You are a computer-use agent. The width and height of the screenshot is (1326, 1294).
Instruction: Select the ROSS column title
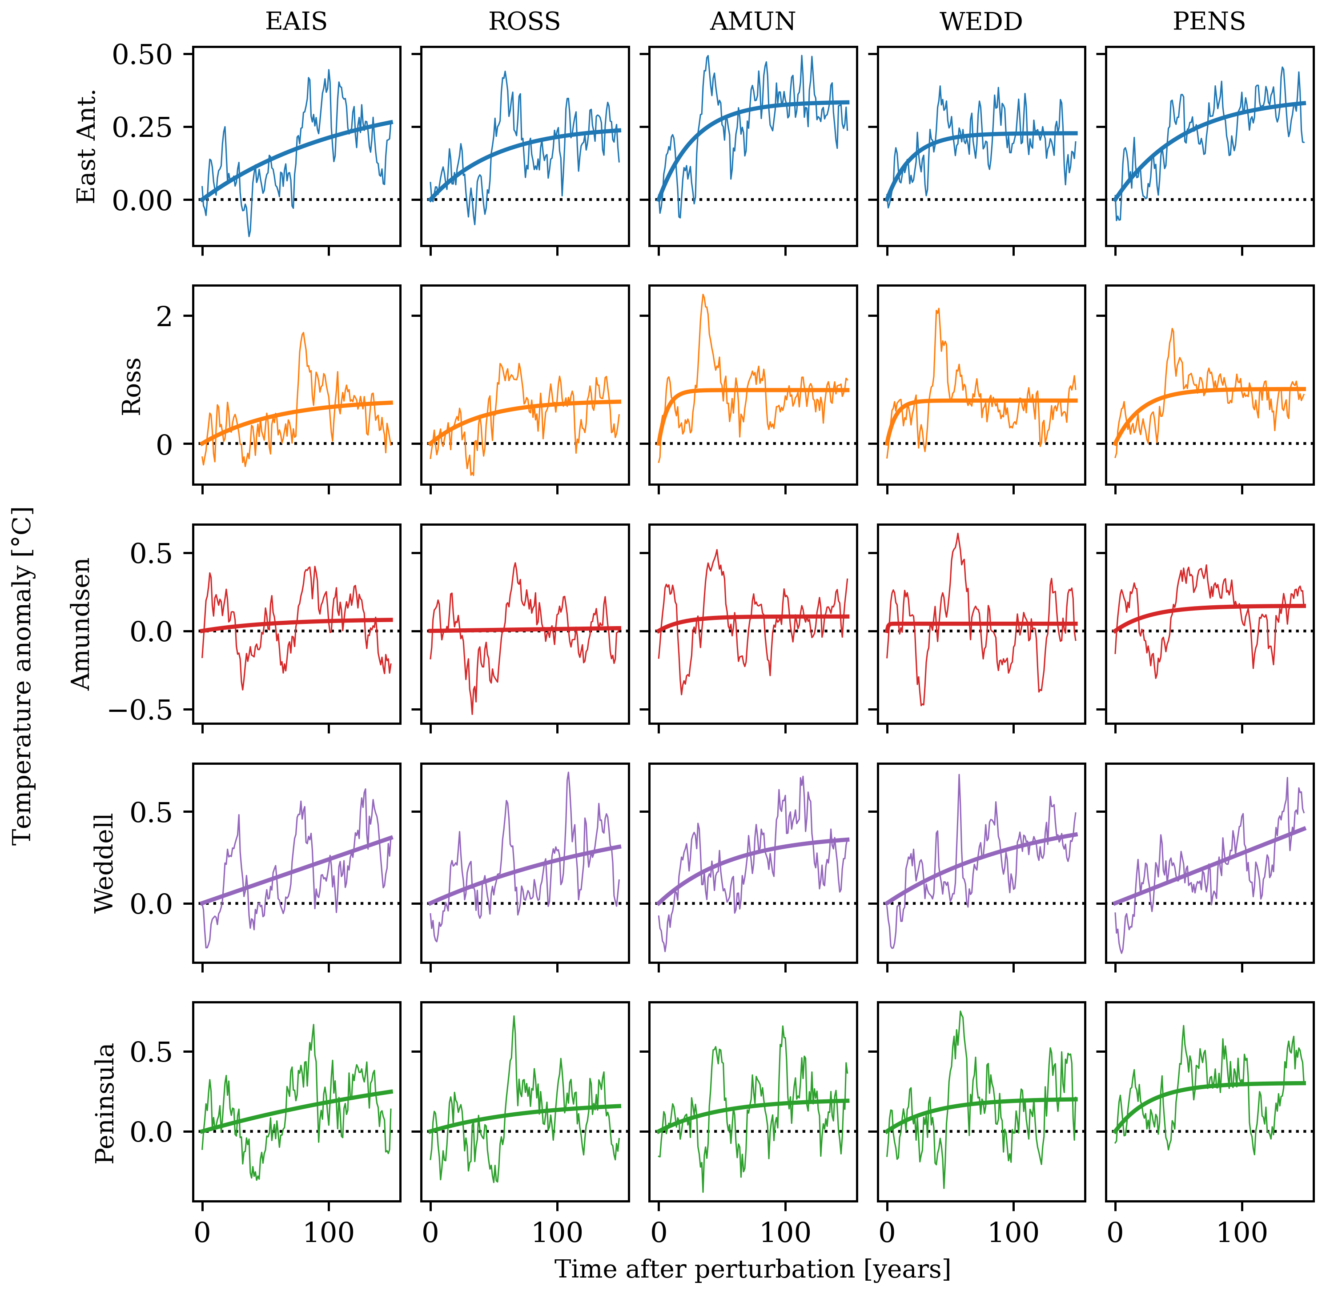(524, 22)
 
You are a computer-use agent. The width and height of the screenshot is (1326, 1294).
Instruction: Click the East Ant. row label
(86, 146)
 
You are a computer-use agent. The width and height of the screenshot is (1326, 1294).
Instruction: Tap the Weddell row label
(104, 863)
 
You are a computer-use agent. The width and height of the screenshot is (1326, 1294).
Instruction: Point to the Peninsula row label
(104, 1103)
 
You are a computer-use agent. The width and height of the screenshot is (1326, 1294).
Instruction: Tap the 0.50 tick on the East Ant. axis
(142, 54)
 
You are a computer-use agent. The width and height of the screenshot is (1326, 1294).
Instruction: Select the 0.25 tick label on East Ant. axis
(142, 127)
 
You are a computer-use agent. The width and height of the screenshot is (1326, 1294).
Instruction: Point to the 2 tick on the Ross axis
(165, 316)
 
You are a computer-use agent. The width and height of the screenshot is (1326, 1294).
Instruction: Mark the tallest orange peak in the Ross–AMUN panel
(703, 295)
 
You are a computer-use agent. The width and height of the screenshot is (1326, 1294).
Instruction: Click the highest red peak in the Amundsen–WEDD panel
(957, 534)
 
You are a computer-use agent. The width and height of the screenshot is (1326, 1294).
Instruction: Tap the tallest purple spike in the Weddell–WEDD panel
(959, 775)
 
